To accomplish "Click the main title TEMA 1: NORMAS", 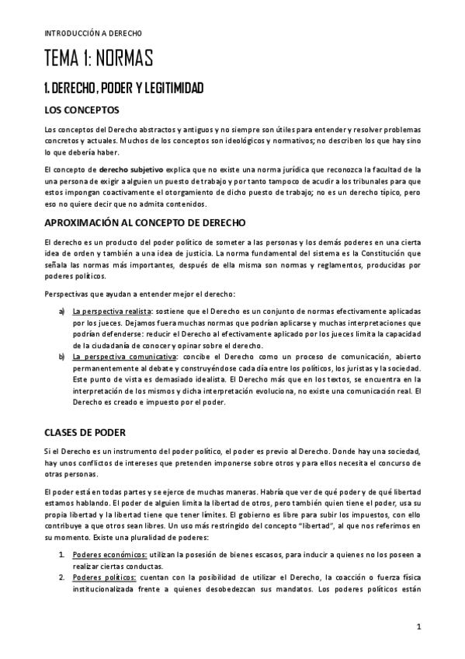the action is (98, 59).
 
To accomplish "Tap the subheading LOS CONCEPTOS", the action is (82, 110).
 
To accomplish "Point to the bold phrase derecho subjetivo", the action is (130, 168).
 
